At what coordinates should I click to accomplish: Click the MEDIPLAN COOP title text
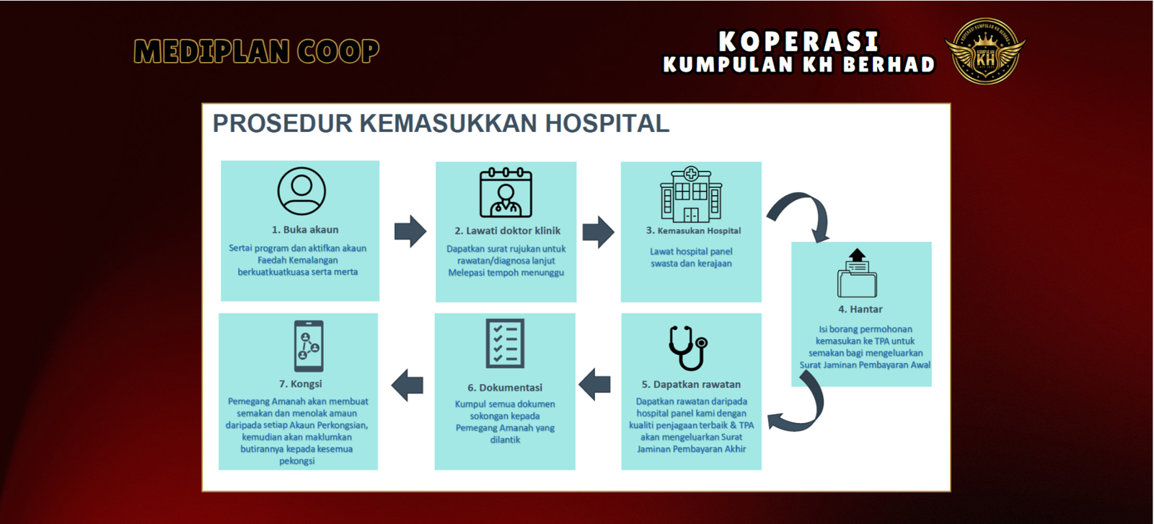point(257,51)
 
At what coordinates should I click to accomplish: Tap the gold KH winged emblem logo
point(985,51)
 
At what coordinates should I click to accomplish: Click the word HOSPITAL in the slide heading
point(607,123)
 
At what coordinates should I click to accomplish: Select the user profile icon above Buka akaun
point(301,191)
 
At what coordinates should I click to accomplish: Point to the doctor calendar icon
point(506,193)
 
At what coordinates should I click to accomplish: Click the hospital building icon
point(692,194)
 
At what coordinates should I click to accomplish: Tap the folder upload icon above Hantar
point(858,273)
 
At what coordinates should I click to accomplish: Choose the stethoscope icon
point(688,348)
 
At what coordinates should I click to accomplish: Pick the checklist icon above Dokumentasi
point(505,344)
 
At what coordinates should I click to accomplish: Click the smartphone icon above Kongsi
point(309,346)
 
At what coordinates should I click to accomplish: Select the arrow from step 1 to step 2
point(410,231)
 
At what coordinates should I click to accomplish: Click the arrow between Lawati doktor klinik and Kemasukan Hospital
point(598,232)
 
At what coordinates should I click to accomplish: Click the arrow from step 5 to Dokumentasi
point(594,384)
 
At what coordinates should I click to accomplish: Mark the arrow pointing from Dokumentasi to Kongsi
point(408,385)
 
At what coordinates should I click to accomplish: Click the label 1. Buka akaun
point(305,230)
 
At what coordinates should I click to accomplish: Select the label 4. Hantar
point(860,310)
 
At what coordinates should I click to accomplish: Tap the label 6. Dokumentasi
point(505,388)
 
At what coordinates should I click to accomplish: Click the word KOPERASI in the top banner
point(798,41)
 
